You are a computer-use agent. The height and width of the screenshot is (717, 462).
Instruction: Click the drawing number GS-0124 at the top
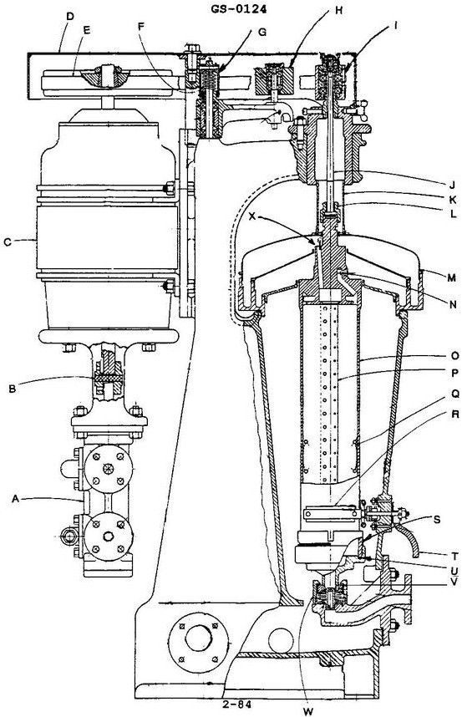point(239,8)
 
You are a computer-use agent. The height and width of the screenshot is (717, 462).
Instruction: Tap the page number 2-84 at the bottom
point(237,704)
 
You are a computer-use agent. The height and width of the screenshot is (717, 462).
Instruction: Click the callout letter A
point(16,498)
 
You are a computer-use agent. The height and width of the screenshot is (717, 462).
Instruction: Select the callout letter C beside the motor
point(8,242)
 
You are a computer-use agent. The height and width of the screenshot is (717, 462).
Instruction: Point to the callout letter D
point(70,17)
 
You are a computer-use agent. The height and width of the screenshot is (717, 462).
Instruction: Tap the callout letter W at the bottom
point(308,711)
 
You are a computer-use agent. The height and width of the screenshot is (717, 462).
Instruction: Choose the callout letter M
point(451,277)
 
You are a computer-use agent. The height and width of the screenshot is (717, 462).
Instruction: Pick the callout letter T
point(454,556)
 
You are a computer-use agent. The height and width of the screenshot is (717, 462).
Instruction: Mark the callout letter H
point(338,10)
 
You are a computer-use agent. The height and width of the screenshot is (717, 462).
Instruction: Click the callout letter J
point(452,186)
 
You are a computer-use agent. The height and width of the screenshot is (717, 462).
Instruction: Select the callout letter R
point(454,414)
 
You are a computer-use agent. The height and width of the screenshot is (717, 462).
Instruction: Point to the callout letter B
point(13,389)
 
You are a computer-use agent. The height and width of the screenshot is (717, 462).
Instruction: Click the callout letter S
point(437,520)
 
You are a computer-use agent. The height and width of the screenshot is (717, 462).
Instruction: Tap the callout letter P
point(454,374)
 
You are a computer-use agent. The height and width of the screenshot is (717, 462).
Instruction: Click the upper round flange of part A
point(109,469)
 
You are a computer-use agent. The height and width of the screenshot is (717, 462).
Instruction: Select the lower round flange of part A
point(109,536)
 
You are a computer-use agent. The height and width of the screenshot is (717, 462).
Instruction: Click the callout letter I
point(393,26)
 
